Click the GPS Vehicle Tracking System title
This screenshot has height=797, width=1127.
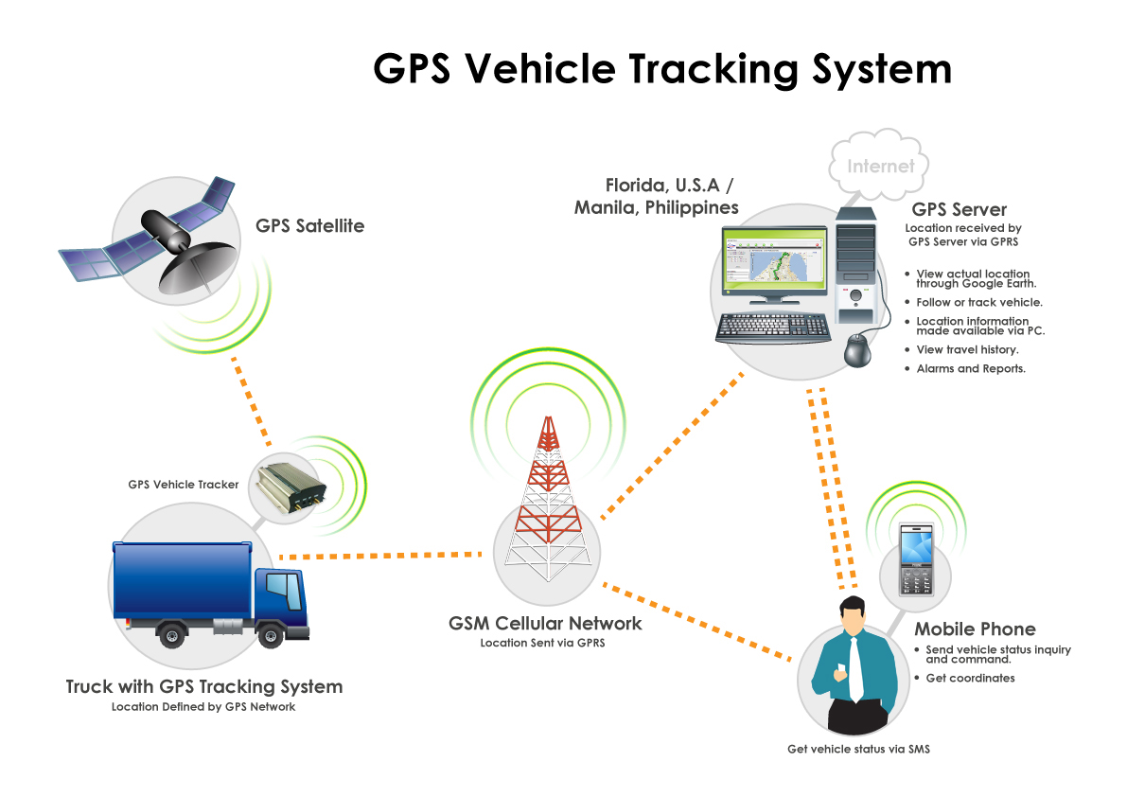click(661, 69)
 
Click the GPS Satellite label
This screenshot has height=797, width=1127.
click(309, 226)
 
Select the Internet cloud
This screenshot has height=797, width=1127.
click(880, 167)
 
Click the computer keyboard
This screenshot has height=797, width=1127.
click(773, 328)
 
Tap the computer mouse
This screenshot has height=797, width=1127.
click(858, 349)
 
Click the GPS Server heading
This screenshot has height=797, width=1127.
click(959, 209)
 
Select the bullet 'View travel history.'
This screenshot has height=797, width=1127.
click(967, 350)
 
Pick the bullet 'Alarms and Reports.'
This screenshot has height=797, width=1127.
click(971, 368)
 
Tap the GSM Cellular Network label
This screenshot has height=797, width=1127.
click(545, 624)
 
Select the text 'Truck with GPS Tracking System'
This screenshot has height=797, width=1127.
click(204, 686)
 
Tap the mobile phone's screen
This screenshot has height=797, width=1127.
click(916, 546)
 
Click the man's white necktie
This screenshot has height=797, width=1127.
click(854, 667)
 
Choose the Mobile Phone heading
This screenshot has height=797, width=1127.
click(975, 629)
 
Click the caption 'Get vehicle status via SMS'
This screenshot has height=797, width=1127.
click(858, 750)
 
